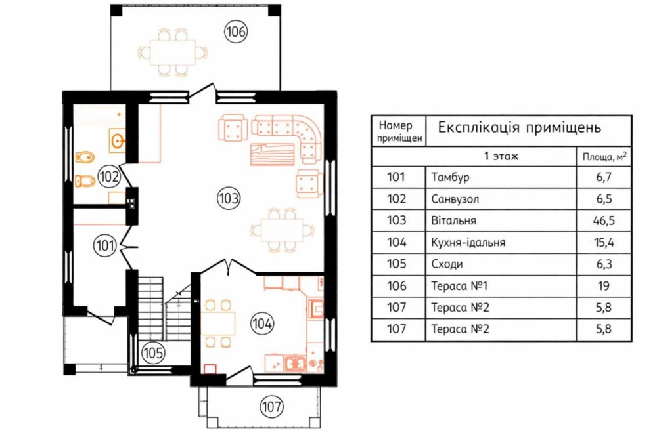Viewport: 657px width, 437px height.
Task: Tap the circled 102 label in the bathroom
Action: coord(108,177)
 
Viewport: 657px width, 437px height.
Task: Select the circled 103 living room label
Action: coord(229,198)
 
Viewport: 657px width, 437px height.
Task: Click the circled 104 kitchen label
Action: coord(262,323)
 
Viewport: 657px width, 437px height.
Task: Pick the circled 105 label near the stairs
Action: coord(152,353)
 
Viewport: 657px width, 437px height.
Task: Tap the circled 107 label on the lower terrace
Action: coord(271,406)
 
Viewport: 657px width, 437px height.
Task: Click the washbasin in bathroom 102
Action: coord(118,140)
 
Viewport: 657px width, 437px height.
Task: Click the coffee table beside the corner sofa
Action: coord(273,154)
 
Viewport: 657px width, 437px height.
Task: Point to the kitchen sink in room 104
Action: coord(295,364)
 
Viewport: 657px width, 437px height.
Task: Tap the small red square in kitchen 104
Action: coord(210,369)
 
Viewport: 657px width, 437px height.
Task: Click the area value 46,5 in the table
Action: coord(604,220)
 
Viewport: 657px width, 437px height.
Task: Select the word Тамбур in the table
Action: coord(450,177)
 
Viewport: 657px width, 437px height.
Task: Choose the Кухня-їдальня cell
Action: coord(468,242)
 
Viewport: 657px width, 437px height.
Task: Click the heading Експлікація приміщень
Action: coord(520,127)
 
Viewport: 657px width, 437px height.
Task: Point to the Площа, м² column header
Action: coord(604,157)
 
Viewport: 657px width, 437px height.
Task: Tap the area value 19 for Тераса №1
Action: coord(604,286)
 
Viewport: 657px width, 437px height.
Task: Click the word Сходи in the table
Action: coord(447,264)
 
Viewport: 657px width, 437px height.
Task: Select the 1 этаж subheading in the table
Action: coord(501,156)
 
